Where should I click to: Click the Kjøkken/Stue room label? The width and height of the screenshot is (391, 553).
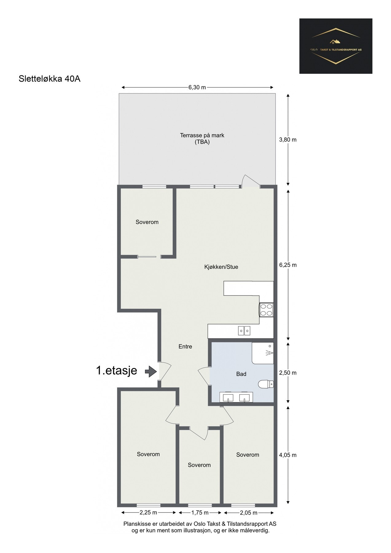click(x=221, y=267)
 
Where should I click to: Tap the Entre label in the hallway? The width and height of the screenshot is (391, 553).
click(x=185, y=347)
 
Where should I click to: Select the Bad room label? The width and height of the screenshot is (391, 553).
click(x=241, y=374)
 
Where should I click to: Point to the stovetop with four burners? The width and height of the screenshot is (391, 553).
click(x=266, y=310)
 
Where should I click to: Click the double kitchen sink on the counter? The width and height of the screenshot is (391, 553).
click(x=244, y=331)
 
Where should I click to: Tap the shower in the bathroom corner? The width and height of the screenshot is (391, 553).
click(x=263, y=353)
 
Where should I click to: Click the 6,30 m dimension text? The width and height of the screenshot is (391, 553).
click(x=197, y=87)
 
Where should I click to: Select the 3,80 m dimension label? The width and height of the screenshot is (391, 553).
click(x=288, y=139)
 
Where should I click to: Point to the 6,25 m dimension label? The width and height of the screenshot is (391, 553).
click(x=288, y=265)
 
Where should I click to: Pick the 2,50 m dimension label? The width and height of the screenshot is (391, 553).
click(x=288, y=373)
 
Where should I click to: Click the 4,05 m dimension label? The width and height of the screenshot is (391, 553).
click(x=288, y=455)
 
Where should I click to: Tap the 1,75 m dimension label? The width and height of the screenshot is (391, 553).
click(x=200, y=512)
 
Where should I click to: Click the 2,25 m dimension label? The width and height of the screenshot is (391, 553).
click(x=148, y=512)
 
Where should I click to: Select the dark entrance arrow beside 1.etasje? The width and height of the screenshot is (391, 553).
click(x=151, y=371)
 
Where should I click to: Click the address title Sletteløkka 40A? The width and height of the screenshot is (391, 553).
click(x=49, y=79)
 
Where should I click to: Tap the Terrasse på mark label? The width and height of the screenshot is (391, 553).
click(x=202, y=135)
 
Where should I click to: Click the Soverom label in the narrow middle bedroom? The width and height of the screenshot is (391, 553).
click(x=199, y=465)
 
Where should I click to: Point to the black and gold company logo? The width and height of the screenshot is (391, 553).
click(x=336, y=46)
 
